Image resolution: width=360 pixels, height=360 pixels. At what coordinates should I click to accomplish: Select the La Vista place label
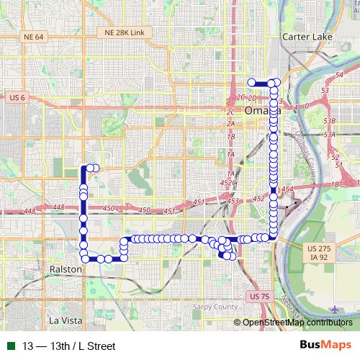[64, 320]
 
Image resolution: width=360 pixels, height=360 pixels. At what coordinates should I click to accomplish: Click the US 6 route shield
[18, 96]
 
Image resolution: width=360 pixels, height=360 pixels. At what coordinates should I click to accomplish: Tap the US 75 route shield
[257, 296]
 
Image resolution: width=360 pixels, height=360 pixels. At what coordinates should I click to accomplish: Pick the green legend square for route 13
[9, 346]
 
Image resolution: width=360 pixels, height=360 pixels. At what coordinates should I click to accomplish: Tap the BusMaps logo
[325, 345]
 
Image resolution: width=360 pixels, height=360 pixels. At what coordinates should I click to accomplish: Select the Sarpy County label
[215, 307]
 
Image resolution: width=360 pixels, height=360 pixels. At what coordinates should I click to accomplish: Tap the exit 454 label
[288, 189]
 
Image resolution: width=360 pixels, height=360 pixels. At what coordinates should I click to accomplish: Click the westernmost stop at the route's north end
[251, 82]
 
